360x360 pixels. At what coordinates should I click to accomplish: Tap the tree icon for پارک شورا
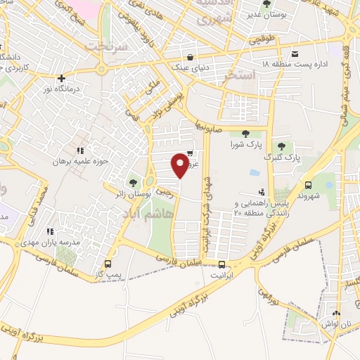pos(245,134)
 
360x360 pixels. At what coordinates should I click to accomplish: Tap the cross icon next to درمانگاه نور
pos(63,79)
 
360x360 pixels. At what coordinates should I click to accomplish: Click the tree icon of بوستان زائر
pos(134,184)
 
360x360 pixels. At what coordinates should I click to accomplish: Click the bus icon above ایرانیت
pos(222,264)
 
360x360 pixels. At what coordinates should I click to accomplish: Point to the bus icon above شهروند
pos(308,185)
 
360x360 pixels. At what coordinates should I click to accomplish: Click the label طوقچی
pos(262,41)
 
